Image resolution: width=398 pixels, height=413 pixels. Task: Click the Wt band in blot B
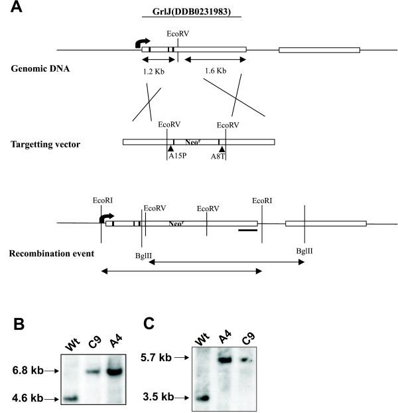72,399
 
